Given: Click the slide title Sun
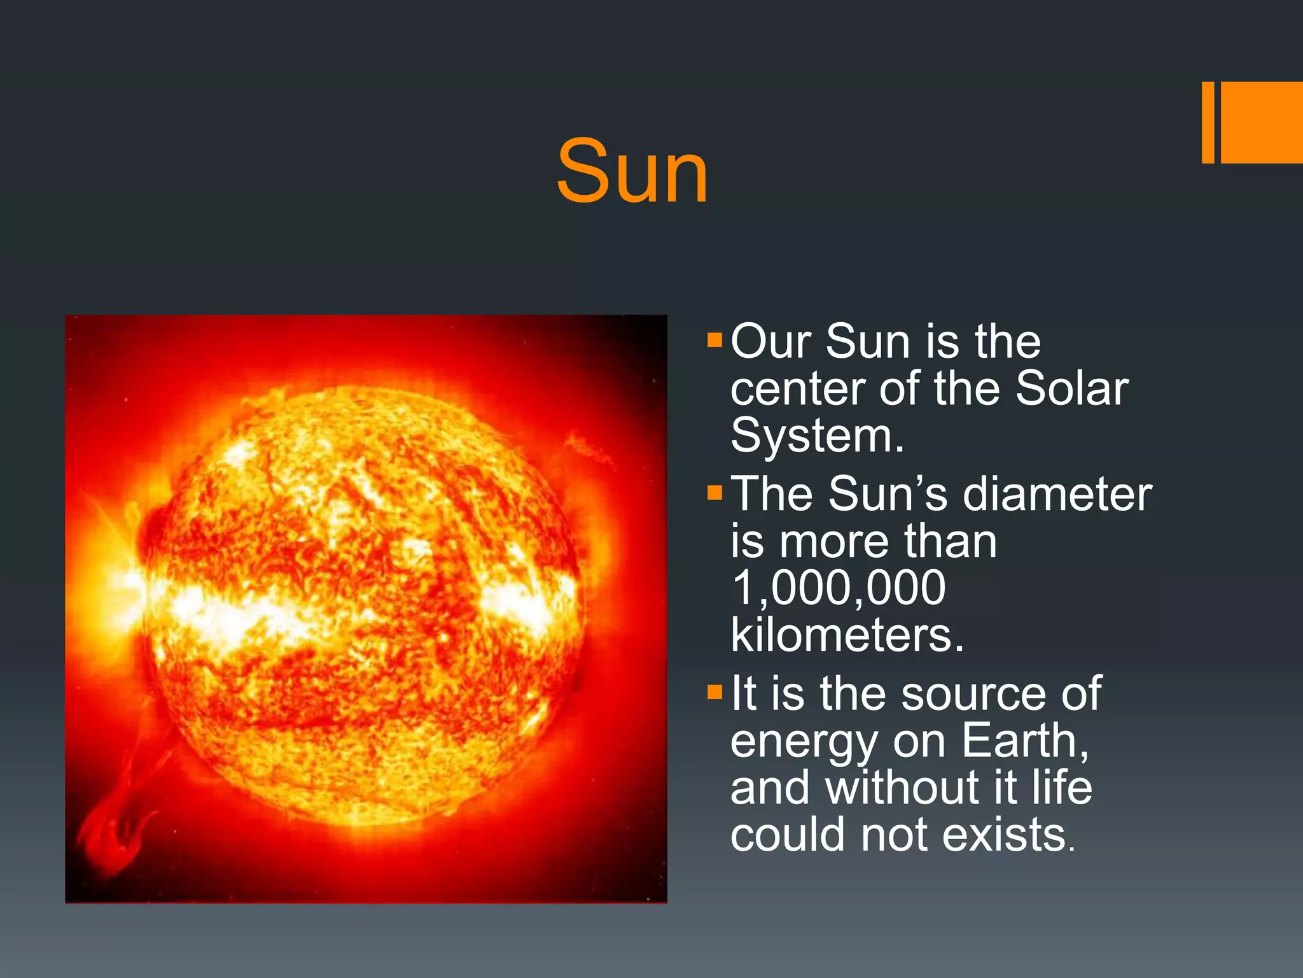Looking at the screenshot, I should (632, 172).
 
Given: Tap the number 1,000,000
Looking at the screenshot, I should (838, 588).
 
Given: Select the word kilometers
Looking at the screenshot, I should (846, 635).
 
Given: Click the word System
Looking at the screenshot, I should (817, 437).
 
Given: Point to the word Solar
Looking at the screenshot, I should (1071, 388).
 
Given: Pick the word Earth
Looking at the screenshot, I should (1024, 741).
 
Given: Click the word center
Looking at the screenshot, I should (798, 390).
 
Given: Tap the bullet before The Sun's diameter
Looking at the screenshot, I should (714, 492).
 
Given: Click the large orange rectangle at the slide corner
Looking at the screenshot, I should (1261, 122).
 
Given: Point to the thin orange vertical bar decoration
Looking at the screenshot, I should (1208, 122).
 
